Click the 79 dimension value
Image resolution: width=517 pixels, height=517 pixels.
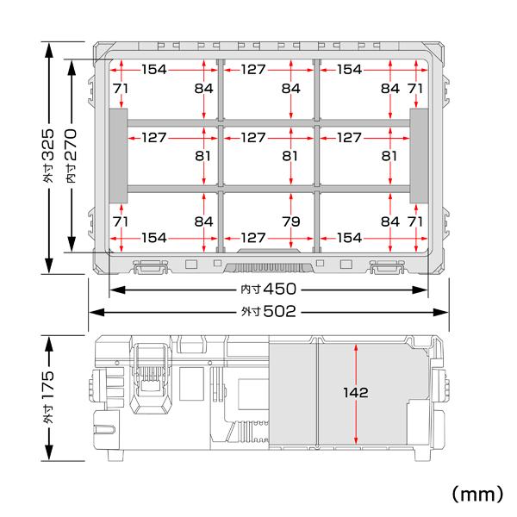(291, 222)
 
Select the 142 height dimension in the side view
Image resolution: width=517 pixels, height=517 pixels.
(355, 392)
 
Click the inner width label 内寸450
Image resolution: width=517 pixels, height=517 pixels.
(267, 290)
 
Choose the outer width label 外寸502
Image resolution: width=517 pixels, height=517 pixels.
(267, 312)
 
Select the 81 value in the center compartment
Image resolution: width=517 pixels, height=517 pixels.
(291, 157)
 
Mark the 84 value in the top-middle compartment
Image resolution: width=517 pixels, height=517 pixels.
(291, 89)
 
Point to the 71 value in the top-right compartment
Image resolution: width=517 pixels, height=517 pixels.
(415, 89)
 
